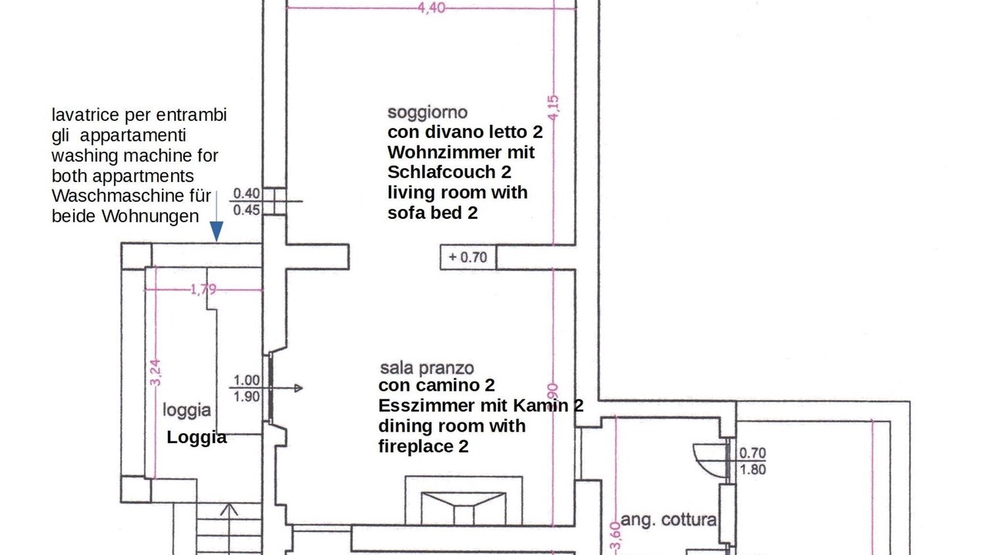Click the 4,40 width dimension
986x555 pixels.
(431, 8)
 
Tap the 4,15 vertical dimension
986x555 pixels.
(553, 107)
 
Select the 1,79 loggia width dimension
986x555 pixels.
(203, 289)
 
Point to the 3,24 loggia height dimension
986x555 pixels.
(155, 372)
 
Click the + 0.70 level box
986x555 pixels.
(468, 257)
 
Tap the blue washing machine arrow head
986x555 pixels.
(216, 231)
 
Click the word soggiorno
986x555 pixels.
(427, 113)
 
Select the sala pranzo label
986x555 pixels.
(427, 368)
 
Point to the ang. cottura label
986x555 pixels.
(669, 520)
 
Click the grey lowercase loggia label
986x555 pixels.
(186, 410)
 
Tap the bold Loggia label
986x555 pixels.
(196, 437)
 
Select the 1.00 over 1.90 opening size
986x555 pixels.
(246, 388)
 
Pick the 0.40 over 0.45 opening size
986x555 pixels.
(246, 202)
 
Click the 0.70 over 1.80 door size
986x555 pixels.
(753, 461)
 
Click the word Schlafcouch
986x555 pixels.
(441, 172)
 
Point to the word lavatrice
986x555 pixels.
(86, 115)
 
